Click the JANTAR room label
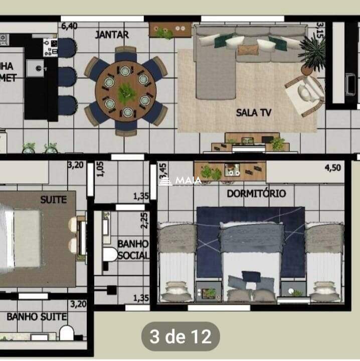(x=112, y=35)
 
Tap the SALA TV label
(x=254, y=112)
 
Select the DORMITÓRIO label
(x=257, y=193)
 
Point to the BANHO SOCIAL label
(x=133, y=249)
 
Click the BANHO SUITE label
(x=37, y=317)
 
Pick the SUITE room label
(x=53, y=199)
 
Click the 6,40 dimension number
(x=69, y=26)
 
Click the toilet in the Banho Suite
(x=67, y=332)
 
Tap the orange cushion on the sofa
(x=247, y=49)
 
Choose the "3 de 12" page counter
(x=180, y=336)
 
